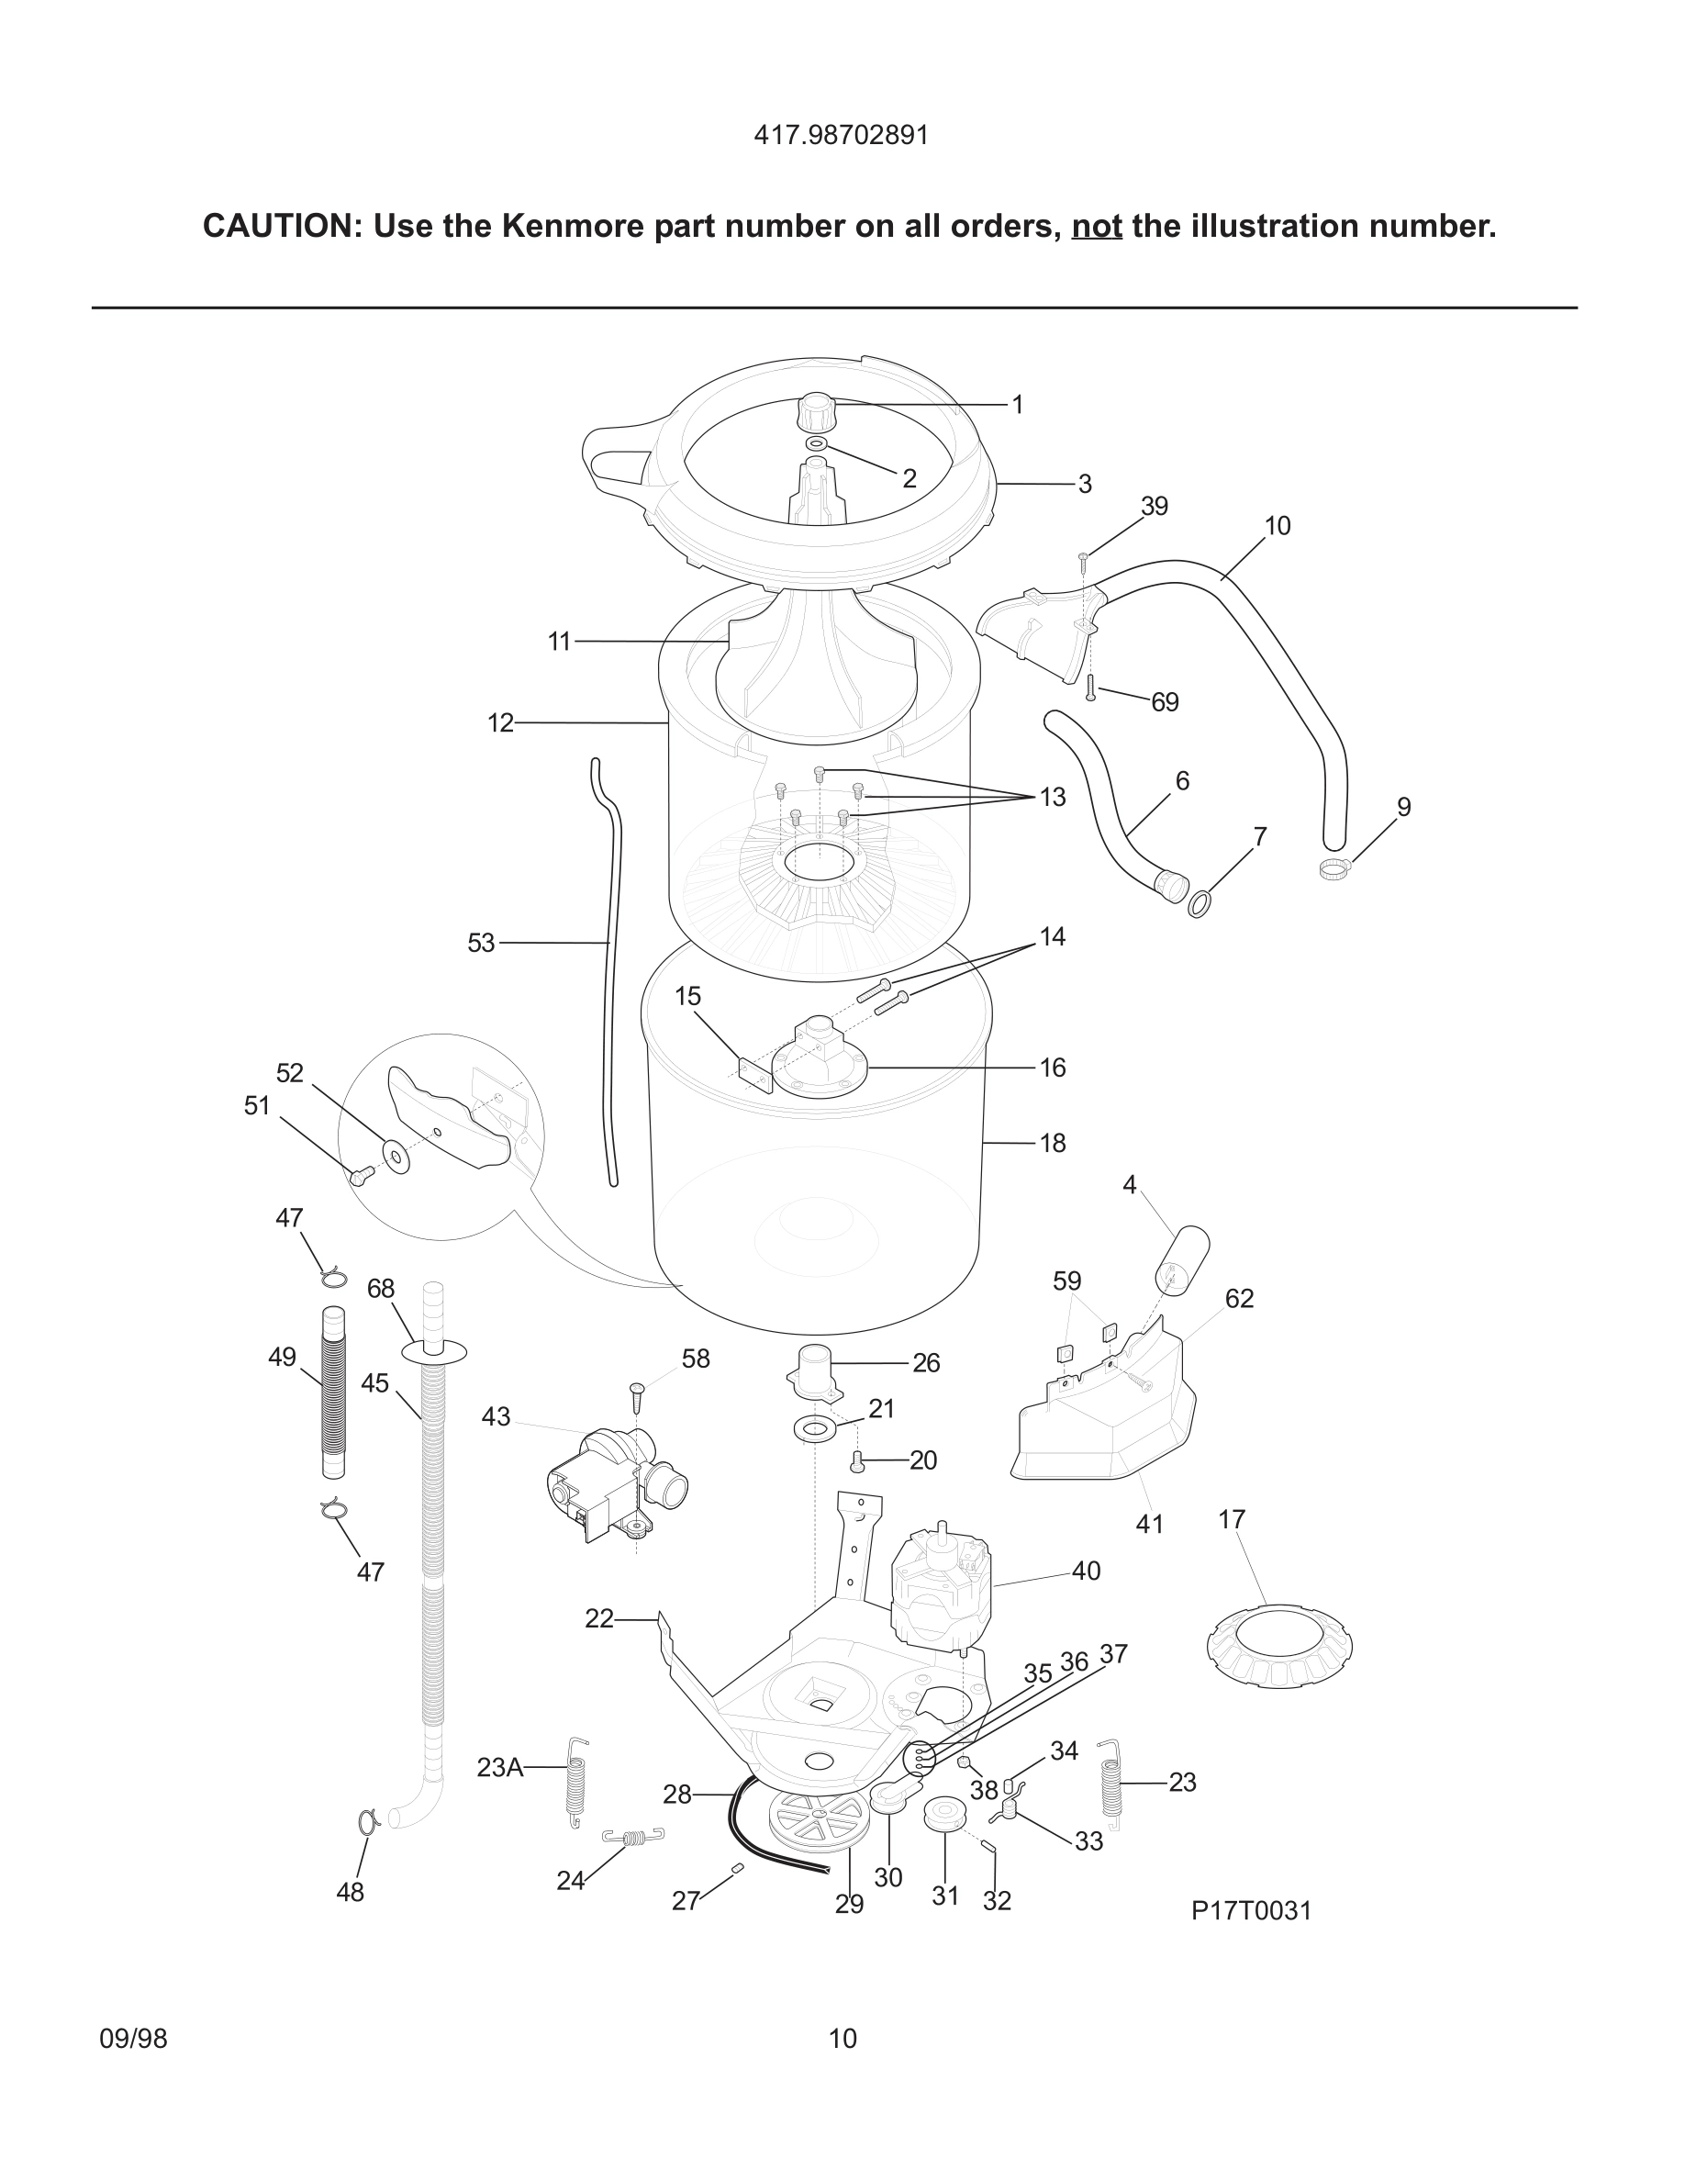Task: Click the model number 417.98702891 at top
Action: pyautogui.click(x=841, y=135)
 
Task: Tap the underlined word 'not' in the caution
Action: pyautogui.click(x=1096, y=227)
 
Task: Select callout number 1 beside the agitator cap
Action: pyautogui.click(x=1017, y=405)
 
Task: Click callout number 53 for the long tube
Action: pyautogui.click(x=481, y=943)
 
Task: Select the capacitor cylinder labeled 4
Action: pyautogui.click(x=1183, y=1258)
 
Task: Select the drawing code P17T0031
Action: pyautogui.click(x=1251, y=1910)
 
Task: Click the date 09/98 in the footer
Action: pyautogui.click(x=133, y=2038)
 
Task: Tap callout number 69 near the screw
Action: pyautogui.click(x=1165, y=702)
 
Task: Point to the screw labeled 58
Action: pyautogui.click(x=636, y=1395)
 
